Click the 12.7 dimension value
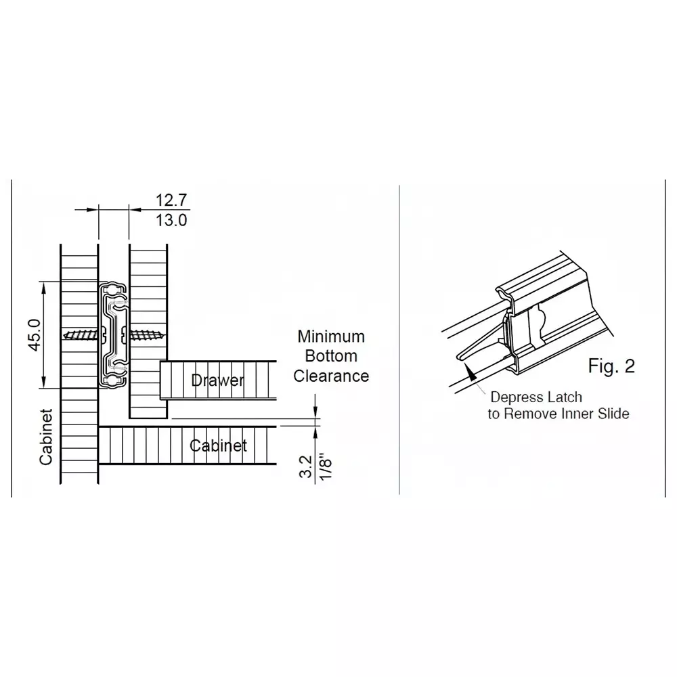[x=171, y=200]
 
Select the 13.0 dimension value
[x=171, y=221]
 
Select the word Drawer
[x=217, y=380]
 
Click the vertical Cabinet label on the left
[x=46, y=437]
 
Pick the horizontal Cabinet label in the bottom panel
[x=218, y=445]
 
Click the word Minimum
[x=331, y=336]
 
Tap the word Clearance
[x=331, y=376]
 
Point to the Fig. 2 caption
[x=611, y=366]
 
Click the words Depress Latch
[x=536, y=397]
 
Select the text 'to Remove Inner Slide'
[x=558, y=414]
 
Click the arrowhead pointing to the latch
[x=468, y=373]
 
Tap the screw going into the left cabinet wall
[x=83, y=335]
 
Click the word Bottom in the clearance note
[x=331, y=356]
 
